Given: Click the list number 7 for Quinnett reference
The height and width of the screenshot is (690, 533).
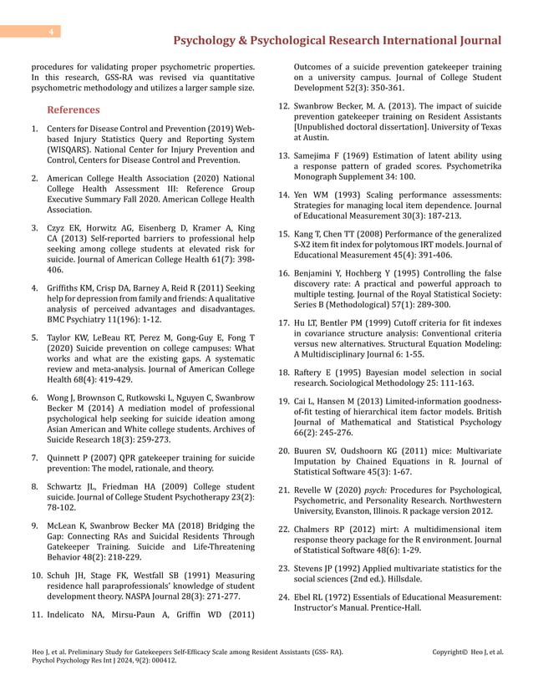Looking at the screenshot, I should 35,458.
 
